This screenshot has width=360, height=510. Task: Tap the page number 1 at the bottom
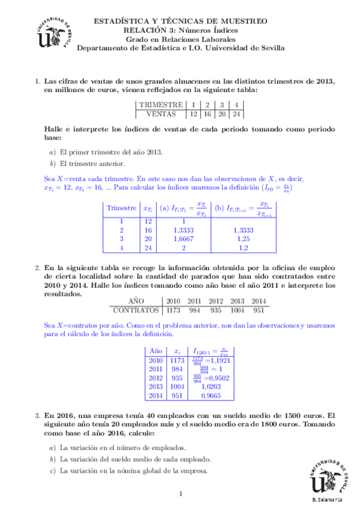(x=180, y=494)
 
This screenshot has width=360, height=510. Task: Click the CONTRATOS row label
(x=136, y=310)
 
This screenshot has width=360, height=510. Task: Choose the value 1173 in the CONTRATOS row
(x=174, y=310)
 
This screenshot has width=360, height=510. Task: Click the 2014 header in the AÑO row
(x=258, y=301)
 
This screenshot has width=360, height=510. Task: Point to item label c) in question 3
(x=53, y=470)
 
